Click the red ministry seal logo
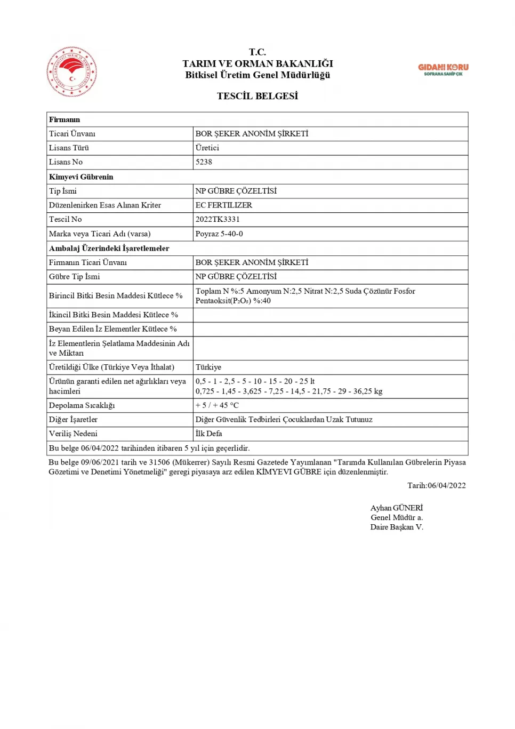pyautogui.click(x=72, y=71)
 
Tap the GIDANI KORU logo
pyautogui.click(x=443, y=69)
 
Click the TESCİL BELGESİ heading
pyautogui.click(x=257, y=96)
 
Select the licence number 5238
pyautogui.click(x=204, y=162)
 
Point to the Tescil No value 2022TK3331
pyautogui.click(x=218, y=219)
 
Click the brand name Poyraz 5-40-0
pyautogui.click(x=219, y=234)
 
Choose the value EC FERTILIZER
pyautogui.click(x=223, y=205)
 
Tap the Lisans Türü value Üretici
pyautogui.click(x=207, y=148)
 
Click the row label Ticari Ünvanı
pyautogui.click(x=72, y=133)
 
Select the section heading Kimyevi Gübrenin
pyautogui.click(x=81, y=177)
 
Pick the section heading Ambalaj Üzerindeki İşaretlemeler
pyautogui.click(x=109, y=248)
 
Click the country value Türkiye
pyautogui.click(x=208, y=367)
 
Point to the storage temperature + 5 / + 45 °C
pyautogui.click(x=217, y=405)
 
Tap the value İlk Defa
pyautogui.click(x=208, y=434)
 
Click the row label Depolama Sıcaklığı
pyautogui.click(x=82, y=405)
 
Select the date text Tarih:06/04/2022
pyautogui.click(x=436, y=485)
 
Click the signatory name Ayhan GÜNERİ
pyautogui.click(x=396, y=508)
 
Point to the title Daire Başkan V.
pyautogui.click(x=397, y=527)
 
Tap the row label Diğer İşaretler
pyautogui.click(x=73, y=419)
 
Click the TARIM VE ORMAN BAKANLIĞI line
pyautogui.click(x=257, y=63)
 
